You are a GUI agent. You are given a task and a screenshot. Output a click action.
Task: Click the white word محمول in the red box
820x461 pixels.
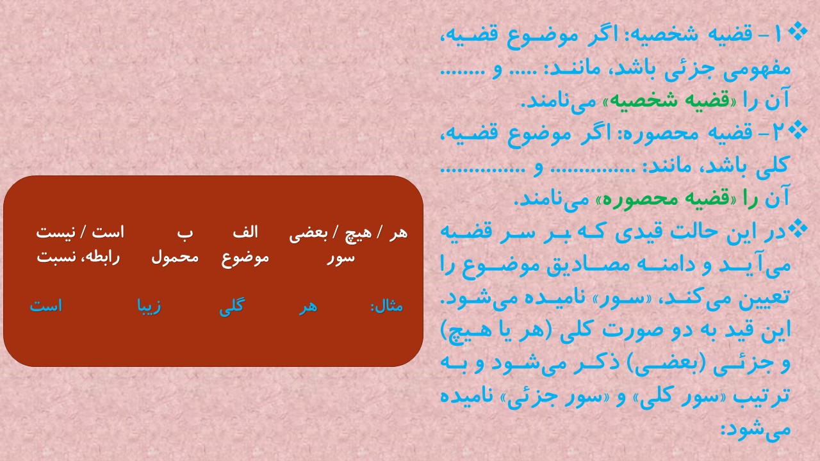[175, 257]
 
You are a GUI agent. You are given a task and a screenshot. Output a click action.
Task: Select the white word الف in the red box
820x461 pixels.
[245, 232]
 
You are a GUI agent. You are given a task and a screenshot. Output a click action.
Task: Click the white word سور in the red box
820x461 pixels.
[341, 257]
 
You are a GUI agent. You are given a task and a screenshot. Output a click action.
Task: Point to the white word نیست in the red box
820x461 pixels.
[56, 232]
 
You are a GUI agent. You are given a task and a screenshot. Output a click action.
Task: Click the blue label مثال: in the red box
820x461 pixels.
[387, 306]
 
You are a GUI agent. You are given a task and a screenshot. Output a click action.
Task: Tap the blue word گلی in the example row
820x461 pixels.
[232, 306]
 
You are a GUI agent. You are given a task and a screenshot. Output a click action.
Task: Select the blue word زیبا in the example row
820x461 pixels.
[149, 307]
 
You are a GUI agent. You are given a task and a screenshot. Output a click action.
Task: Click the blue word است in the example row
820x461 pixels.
[45, 306]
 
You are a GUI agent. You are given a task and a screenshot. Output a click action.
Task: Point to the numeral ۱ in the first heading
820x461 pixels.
[778, 35]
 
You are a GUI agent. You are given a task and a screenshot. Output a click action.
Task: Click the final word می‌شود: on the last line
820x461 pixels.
[755, 428]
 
